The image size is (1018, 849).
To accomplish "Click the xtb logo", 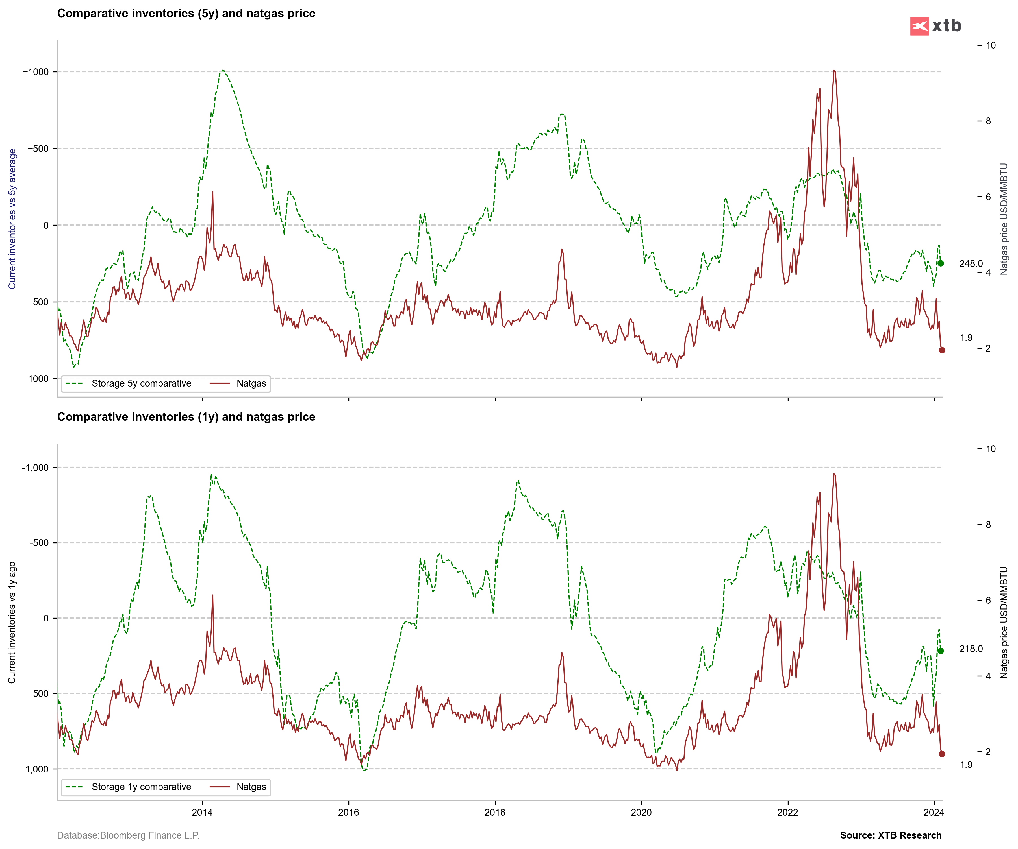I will (935, 26).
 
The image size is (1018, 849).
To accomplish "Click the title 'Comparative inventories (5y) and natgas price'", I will (186, 14).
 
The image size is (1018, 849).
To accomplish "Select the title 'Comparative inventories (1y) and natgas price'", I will (186, 417).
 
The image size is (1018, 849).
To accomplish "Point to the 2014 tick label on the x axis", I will (202, 813).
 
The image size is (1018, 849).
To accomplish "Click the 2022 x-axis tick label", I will (787, 813).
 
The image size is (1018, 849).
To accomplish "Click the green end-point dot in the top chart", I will (940, 263).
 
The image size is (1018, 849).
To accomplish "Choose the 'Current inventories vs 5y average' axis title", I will (12, 219).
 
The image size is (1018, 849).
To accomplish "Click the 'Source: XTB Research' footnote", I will (891, 835).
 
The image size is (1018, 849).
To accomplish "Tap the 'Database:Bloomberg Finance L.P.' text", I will (129, 835).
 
